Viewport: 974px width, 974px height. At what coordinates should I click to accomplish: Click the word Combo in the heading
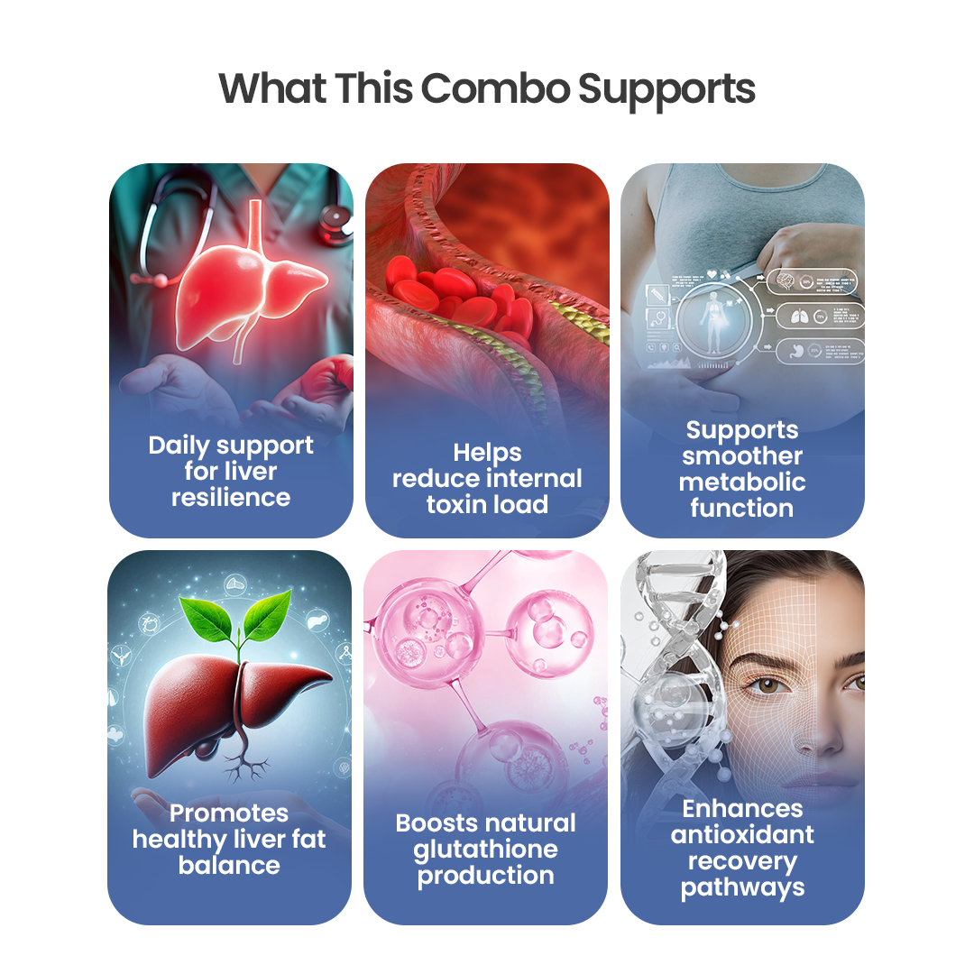495,89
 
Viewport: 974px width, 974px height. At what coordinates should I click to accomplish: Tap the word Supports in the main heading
666,89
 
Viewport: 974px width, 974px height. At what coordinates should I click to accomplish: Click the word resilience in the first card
231,497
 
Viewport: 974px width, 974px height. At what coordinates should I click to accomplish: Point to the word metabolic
742,482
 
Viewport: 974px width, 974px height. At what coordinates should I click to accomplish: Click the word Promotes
229,813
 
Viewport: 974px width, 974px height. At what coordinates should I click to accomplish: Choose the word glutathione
485,849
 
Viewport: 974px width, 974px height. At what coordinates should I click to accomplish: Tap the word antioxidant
742,834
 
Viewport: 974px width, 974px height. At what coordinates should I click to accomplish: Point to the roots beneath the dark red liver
243,767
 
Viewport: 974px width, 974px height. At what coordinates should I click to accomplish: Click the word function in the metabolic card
742,508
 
